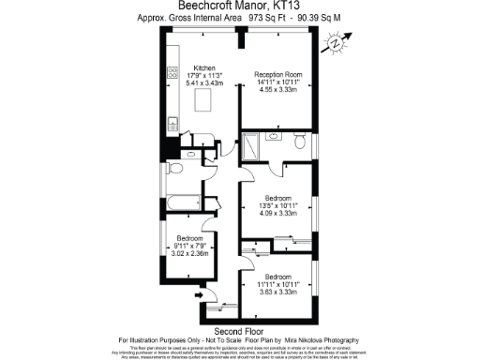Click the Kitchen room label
click(x=205, y=67)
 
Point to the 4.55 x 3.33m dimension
click(x=278, y=91)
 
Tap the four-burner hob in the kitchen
click(x=172, y=72)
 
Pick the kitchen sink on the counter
click(x=172, y=122)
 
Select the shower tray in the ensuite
click(x=253, y=147)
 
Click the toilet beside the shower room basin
click(x=298, y=142)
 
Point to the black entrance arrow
click(x=199, y=295)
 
